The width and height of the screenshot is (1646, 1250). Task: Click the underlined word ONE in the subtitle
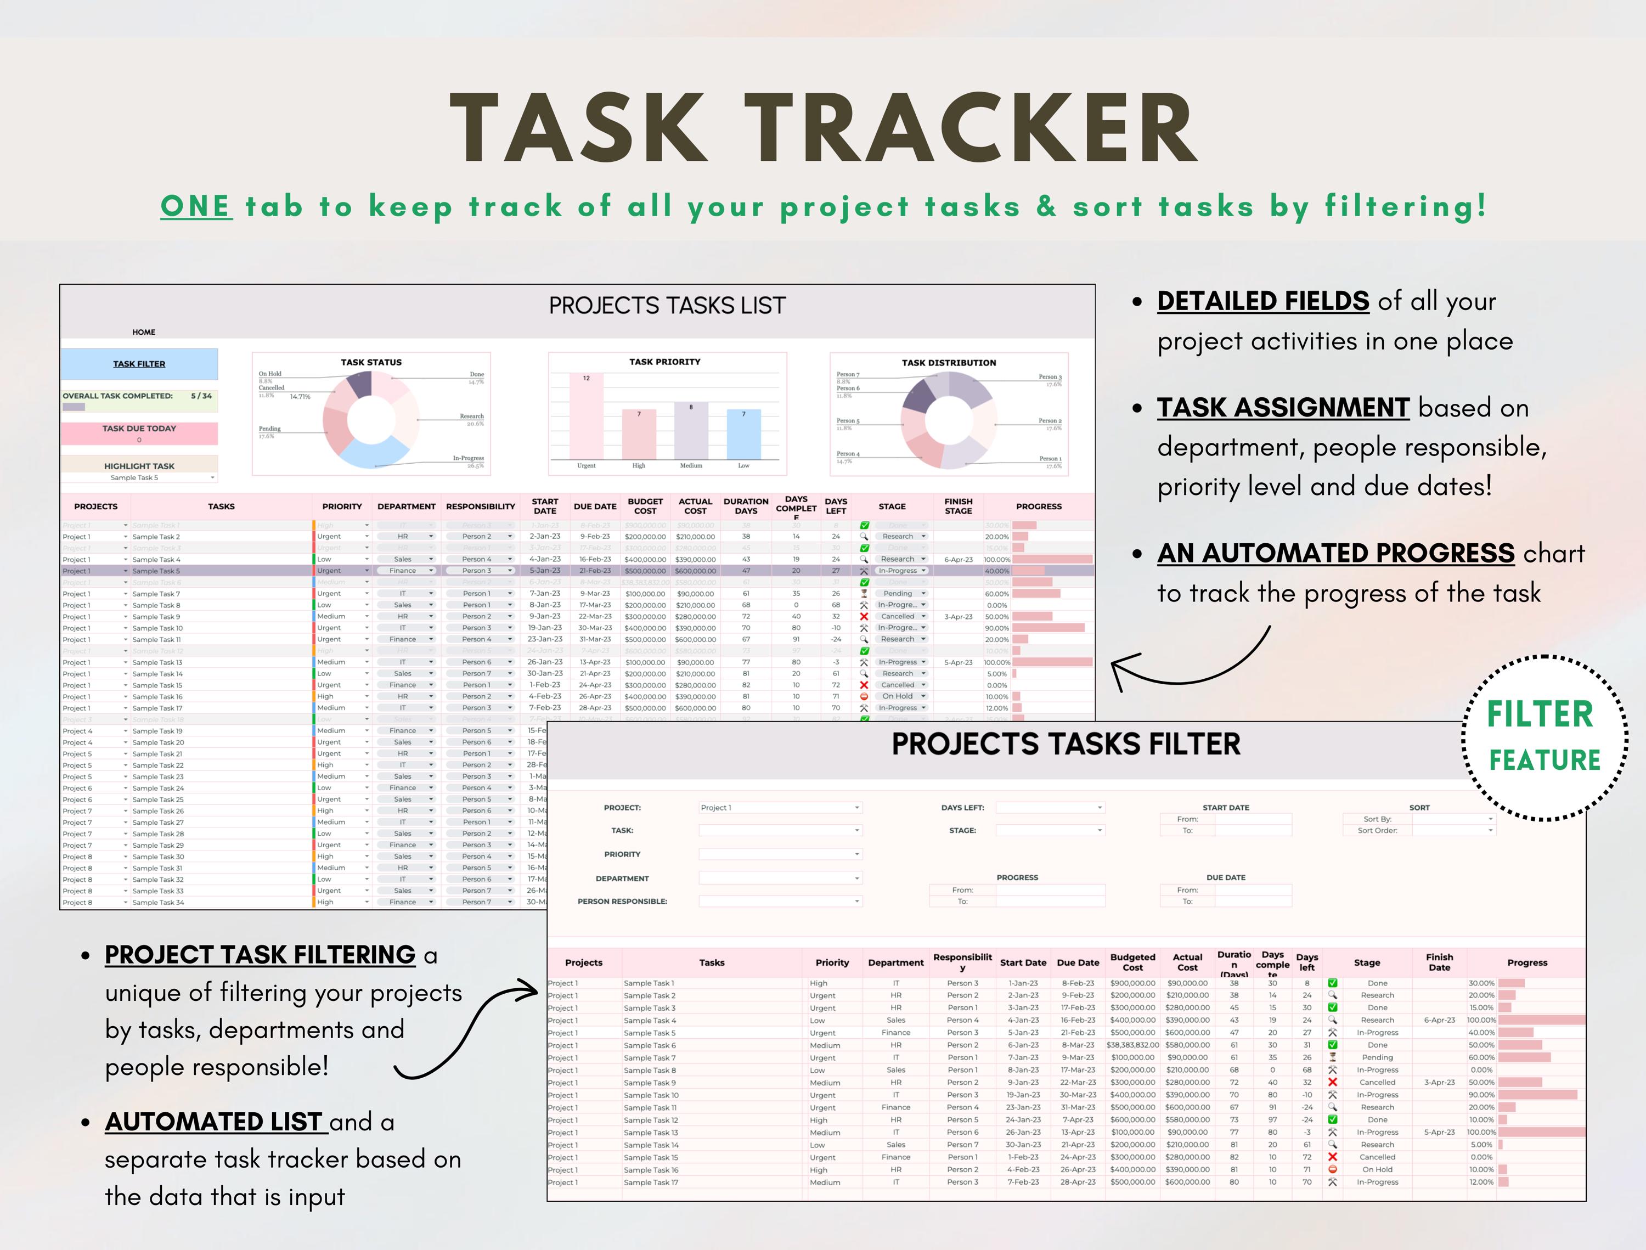195,206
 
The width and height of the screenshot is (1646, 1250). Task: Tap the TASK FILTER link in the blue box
139,364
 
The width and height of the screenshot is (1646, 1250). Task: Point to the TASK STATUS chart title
371,362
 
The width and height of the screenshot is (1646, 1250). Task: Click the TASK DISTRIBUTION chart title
949,363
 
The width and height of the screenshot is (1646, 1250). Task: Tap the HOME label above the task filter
144,333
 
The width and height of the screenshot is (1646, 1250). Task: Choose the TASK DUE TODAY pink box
139,433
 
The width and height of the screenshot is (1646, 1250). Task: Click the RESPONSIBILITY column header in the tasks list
480,506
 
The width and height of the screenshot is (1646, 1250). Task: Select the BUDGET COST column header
645,506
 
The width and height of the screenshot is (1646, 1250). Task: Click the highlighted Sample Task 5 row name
156,571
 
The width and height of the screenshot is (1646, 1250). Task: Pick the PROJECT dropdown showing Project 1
780,807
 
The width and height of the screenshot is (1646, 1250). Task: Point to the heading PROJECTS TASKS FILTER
1066,744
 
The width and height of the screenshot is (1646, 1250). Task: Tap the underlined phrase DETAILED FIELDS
1263,301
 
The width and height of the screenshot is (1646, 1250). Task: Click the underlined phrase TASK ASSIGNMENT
1283,408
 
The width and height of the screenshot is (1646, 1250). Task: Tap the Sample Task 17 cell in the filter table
651,1183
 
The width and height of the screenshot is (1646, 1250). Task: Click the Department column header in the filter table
895,963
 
